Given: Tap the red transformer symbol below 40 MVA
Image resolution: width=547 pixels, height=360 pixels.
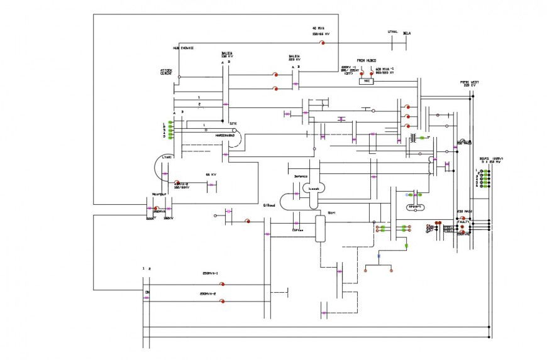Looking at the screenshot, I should tap(322, 43).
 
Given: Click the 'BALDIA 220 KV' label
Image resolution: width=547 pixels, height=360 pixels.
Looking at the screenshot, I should tap(294, 57).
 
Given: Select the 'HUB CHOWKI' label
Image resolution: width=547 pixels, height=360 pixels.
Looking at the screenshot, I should tap(183, 48).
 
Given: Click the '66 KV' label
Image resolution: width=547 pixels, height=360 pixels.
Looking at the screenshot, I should tap(211, 174).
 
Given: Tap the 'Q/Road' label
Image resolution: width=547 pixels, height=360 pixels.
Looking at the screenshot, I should tap(269, 205).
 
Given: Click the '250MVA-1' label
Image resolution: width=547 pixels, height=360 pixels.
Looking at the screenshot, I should tap(210, 274).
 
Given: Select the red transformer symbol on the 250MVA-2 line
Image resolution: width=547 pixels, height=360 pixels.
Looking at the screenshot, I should tap(222, 301).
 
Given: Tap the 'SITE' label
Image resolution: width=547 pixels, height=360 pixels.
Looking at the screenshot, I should tap(233, 124).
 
